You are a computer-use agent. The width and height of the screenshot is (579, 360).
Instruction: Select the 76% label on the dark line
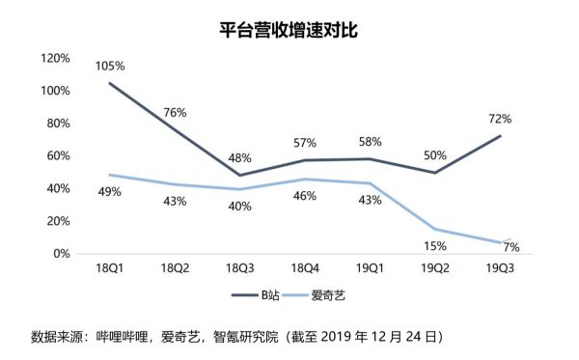tap(175, 112)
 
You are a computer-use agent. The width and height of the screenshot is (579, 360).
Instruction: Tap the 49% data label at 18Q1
tap(110, 192)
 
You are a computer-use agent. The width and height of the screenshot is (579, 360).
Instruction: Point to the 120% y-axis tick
tap(54, 58)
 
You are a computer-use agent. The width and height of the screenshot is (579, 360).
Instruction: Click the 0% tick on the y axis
tap(60, 254)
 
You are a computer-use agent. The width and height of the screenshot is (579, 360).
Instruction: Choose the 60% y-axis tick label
tap(57, 155)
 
